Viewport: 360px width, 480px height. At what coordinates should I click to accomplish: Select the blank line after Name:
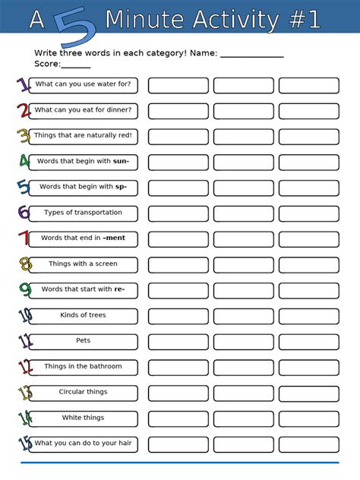[251, 55]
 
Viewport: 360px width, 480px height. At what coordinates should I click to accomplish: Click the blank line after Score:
[76, 66]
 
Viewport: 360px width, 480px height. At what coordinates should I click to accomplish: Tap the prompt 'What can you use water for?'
[83, 85]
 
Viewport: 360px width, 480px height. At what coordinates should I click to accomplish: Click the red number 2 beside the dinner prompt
[23, 111]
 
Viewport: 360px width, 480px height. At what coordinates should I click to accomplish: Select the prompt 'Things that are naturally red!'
[83, 136]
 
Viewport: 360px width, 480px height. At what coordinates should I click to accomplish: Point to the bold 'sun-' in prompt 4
[121, 162]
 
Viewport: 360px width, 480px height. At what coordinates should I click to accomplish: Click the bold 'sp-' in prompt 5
[121, 187]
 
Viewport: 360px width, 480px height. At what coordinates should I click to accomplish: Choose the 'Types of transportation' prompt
[83, 213]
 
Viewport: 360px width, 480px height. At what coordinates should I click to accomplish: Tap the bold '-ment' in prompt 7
[114, 238]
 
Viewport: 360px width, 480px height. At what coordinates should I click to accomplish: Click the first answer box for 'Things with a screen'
[178, 264]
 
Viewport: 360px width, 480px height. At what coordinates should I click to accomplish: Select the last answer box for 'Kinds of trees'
[308, 316]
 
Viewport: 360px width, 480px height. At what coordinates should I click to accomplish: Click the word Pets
[83, 341]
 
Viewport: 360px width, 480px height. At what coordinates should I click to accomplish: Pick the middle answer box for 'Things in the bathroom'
[243, 367]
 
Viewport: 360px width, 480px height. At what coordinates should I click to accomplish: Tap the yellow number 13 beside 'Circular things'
[24, 393]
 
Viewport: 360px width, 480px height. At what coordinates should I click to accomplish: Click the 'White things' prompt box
[83, 418]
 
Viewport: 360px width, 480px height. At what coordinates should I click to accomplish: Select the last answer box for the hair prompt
[308, 444]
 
